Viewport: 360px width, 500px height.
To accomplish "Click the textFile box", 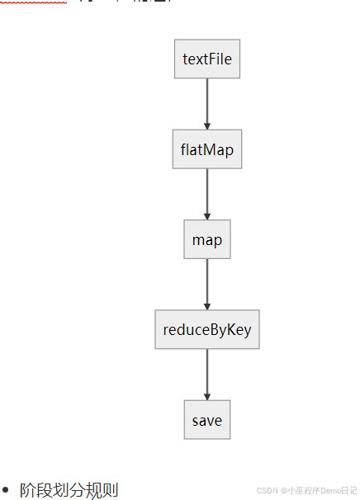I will tap(207, 59).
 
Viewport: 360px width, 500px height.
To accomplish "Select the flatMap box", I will tap(207, 149).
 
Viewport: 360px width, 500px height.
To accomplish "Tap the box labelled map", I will tap(207, 240).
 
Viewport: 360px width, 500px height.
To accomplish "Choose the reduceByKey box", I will tap(207, 330).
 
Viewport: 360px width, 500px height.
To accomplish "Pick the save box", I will tap(207, 420).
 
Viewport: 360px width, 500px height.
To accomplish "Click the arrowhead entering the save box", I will tap(207, 395).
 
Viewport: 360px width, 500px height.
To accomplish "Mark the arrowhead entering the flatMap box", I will tap(207, 125).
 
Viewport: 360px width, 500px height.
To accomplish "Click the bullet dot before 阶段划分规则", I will tap(7, 490).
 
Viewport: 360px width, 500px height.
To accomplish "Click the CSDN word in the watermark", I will tap(266, 490).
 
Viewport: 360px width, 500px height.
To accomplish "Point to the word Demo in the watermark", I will tap(327, 490).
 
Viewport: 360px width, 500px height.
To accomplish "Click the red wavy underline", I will tap(33, 2).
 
